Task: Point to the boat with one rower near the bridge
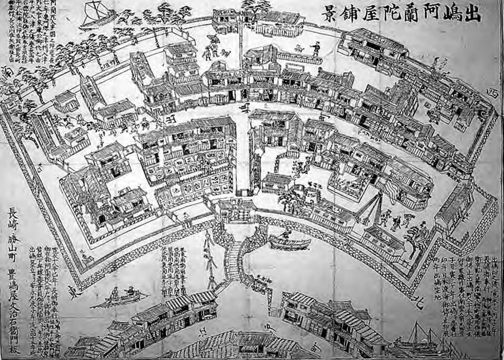point(289,241)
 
